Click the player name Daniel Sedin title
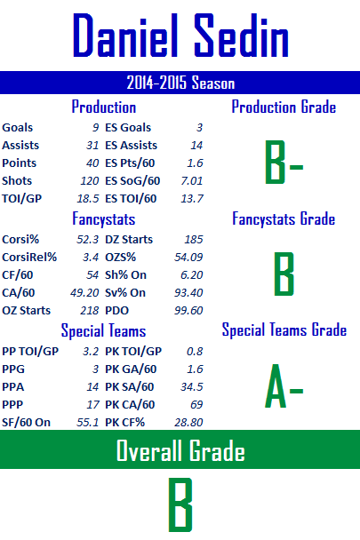[x=180, y=36]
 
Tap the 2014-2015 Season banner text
[x=180, y=83]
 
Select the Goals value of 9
[x=95, y=127]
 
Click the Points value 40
[x=92, y=163]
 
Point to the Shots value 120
[x=90, y=181]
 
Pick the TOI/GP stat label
[x=21, y=199]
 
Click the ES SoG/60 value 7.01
[x=192, y=181]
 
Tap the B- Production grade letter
[x=284, y=162]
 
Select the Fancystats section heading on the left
[x=103, y=219]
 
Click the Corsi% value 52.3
[x=88, y=239]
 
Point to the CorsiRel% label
[x=29, y=258]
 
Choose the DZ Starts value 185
[x=194, y=239]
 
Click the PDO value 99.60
[x=188, y=311]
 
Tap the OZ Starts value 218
[x=90, y=311]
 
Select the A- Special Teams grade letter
[x=284, y=385]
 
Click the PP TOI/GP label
[x=30, y=352]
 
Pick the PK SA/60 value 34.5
[x=192, y=386]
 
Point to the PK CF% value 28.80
[x=188, y=422]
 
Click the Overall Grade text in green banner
[x=180, y=450]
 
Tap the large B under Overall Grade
[x=180, y=504]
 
